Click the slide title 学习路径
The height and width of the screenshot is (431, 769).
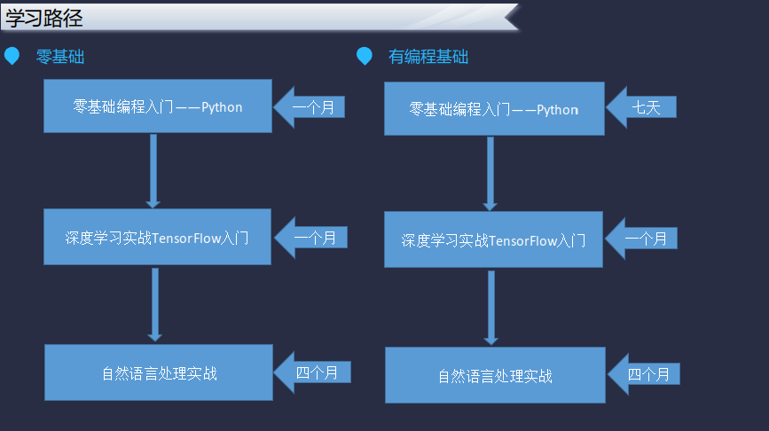[x=44, y=19]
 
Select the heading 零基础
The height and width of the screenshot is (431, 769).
[x=60, y=57]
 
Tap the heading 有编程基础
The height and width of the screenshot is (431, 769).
[x=428, y=57]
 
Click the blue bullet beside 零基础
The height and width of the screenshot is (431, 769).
[x=12, y=56]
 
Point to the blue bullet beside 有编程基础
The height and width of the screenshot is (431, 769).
[x=365, y=56]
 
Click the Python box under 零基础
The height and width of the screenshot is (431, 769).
[x=157, y=106]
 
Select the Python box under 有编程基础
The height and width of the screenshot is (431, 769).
[x=494, y=108]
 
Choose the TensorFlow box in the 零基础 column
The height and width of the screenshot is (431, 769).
[x=157, y=237]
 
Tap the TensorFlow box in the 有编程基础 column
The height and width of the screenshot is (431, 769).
[x=493, y=239]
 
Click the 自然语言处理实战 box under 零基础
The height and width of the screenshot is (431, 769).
[x=159, y=372]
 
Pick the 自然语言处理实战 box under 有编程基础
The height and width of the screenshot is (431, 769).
[x=495, y=375]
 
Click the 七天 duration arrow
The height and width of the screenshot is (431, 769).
[x=641, y=107]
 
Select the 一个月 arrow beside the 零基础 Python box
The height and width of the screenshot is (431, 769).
[x=309, y=107]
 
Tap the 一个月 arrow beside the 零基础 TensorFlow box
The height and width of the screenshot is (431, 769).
[x=311, y=238]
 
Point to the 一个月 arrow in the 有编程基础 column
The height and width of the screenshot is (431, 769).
[x=641, y=239]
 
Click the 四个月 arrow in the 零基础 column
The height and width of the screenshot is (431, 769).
[x=312, y=372]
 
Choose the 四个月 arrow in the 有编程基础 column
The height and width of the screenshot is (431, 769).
[x=643, y=374]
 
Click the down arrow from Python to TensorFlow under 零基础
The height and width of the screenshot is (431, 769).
[x=153, y=170]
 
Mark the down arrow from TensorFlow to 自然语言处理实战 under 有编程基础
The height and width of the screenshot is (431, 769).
[x=490, y=308]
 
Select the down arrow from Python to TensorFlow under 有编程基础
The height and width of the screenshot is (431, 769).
[x=490, y=174]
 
